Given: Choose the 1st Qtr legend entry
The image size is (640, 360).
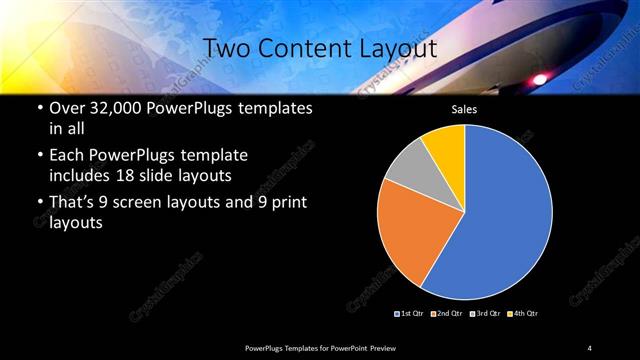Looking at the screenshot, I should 410,314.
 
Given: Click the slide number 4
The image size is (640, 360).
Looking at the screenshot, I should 589,347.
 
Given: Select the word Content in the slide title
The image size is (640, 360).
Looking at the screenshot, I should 302,48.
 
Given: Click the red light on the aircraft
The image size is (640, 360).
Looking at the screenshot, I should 544,79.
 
